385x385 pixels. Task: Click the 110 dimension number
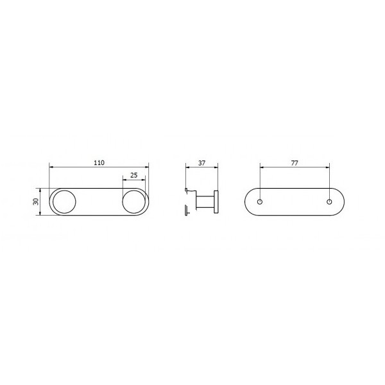(x=99, y=162)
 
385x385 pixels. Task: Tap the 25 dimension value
(x=134, y=175)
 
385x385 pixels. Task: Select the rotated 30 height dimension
(x=36, y=201)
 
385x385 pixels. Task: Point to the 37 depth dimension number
(x=201, y=163)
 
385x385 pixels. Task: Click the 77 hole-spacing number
(x=295, y=163)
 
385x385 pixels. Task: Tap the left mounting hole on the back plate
(x=260, y=202)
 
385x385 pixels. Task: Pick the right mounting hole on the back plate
(x=330, y=202)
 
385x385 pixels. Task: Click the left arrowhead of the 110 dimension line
(x=51, y=167)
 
